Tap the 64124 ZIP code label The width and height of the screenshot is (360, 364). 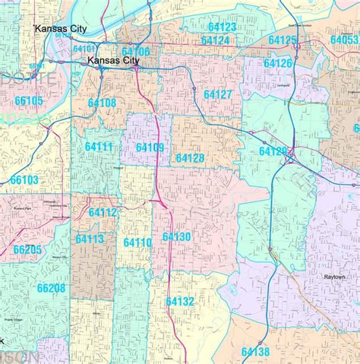[x=215, y=40]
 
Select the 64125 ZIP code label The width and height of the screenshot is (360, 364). [x=283, y=40]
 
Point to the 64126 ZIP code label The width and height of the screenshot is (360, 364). [x=277, y=63]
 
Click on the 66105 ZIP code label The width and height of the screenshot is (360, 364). [x=29, y=100]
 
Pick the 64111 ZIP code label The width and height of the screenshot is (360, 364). [x=98, y=146]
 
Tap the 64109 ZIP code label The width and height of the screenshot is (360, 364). [x=150, y=147]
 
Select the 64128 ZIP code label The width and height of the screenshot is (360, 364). [x=189, y=157]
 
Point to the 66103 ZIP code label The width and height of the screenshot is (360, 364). [x=24, y=180]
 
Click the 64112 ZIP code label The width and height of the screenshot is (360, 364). [x=103, y=213]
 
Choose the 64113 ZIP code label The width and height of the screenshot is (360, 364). [x=90, y=239]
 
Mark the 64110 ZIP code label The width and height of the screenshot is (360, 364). [x=137, y=242]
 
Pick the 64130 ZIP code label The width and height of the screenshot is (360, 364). [x=176, y=237]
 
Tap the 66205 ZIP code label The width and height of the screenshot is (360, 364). [x=27, y=249]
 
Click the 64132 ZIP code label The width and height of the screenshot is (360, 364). [x=180, y=302]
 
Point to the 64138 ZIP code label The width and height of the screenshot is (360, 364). [x=255, y=351]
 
